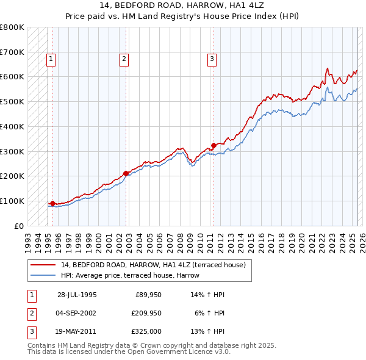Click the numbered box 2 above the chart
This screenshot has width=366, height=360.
coord(124,59)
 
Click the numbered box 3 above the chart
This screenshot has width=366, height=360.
coord(212,59)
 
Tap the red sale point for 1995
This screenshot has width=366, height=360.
coord(53,203)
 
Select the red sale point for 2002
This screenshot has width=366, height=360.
coord(126,173)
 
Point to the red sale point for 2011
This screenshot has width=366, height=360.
coord(213,145)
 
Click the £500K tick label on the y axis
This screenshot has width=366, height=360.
coord(12,102)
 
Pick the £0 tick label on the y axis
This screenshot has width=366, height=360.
coord(20,226)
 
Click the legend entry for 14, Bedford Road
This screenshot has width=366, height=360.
coord(152,265)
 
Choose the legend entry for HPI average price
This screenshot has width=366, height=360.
coord(130,275)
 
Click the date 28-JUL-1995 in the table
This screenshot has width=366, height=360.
coord(77,295)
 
